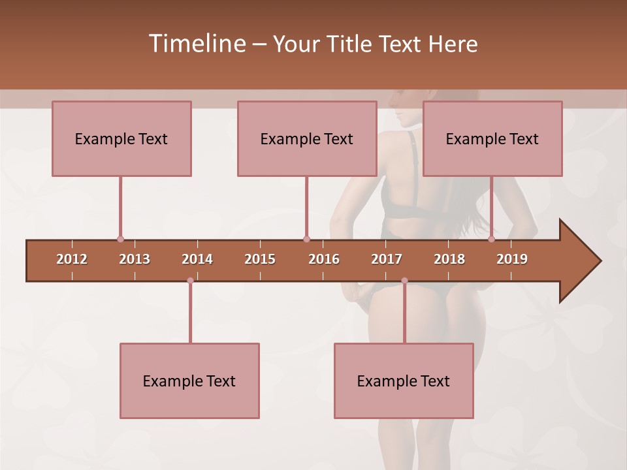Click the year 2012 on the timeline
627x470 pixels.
(72, 259)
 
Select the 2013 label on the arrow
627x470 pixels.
(135, 259)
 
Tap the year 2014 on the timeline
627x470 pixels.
(197, 259)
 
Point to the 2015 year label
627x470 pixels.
(260, 259)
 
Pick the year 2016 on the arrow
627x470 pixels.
(324, 259)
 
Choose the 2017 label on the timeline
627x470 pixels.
(387, 259)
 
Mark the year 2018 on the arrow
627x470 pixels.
(449, 259)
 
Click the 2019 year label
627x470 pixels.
(512, 259)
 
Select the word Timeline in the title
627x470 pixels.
(195, 44)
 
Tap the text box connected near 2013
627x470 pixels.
(121, 138)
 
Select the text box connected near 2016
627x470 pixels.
(307, 138)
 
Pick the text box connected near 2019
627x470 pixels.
(492, 138)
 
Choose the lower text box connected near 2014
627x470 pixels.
(189, 381)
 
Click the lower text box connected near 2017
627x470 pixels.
(404, 381)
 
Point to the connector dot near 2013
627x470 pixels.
(120, 240)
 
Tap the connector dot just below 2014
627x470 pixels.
(190, 281)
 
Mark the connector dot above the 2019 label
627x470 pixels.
(492, 240)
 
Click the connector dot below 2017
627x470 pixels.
(404, 281)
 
